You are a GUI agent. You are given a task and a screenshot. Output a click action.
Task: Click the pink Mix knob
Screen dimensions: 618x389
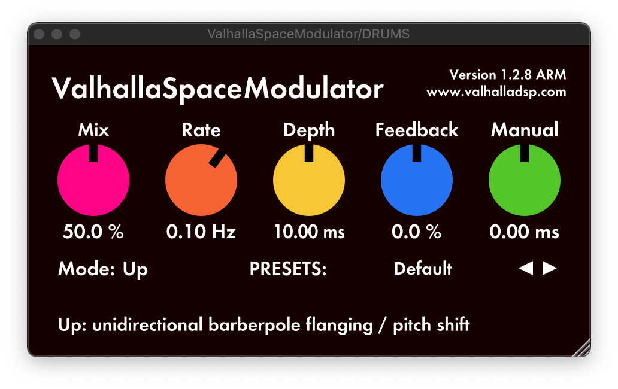tap(93, 180)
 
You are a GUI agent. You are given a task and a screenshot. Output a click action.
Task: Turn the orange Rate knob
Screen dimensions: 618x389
tap(201, 180)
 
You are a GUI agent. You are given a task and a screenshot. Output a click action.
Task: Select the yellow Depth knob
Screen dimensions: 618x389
tap(309, 180)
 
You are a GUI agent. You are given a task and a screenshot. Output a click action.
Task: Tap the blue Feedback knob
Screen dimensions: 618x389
tap(417, 180)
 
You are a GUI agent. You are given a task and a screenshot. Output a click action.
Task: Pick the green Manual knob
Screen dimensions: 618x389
tap(525, 180)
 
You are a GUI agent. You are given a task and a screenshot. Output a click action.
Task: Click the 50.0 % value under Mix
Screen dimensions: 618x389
tap(93, 232)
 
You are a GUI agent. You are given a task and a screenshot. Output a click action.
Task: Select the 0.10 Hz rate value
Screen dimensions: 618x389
tap(201, 232)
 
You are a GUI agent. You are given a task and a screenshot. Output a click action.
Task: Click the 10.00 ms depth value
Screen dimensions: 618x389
tap(310, 232)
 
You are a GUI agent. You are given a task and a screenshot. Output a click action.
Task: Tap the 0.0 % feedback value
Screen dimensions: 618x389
tap(417, 232)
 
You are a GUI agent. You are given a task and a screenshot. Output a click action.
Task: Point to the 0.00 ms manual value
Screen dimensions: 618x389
tap(525, 232)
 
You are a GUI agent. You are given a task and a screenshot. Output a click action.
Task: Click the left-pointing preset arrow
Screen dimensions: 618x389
tap(526, 268)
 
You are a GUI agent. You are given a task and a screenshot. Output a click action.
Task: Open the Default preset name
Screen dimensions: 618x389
tap(423, 269)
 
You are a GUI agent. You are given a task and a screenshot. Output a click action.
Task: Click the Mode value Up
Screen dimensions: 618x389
tap(135, 270)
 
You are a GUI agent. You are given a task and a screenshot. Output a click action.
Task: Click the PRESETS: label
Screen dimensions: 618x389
tap(288, 269)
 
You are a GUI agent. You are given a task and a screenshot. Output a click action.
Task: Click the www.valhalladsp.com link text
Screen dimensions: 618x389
tap(496, 92)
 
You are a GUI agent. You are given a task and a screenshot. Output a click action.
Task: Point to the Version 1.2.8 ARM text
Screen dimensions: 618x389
tap(508, 74)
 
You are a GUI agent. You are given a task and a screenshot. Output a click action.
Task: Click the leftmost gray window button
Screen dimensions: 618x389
tap(39, 34)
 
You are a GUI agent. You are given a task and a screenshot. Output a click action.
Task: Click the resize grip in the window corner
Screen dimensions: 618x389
tap(581, 348)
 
